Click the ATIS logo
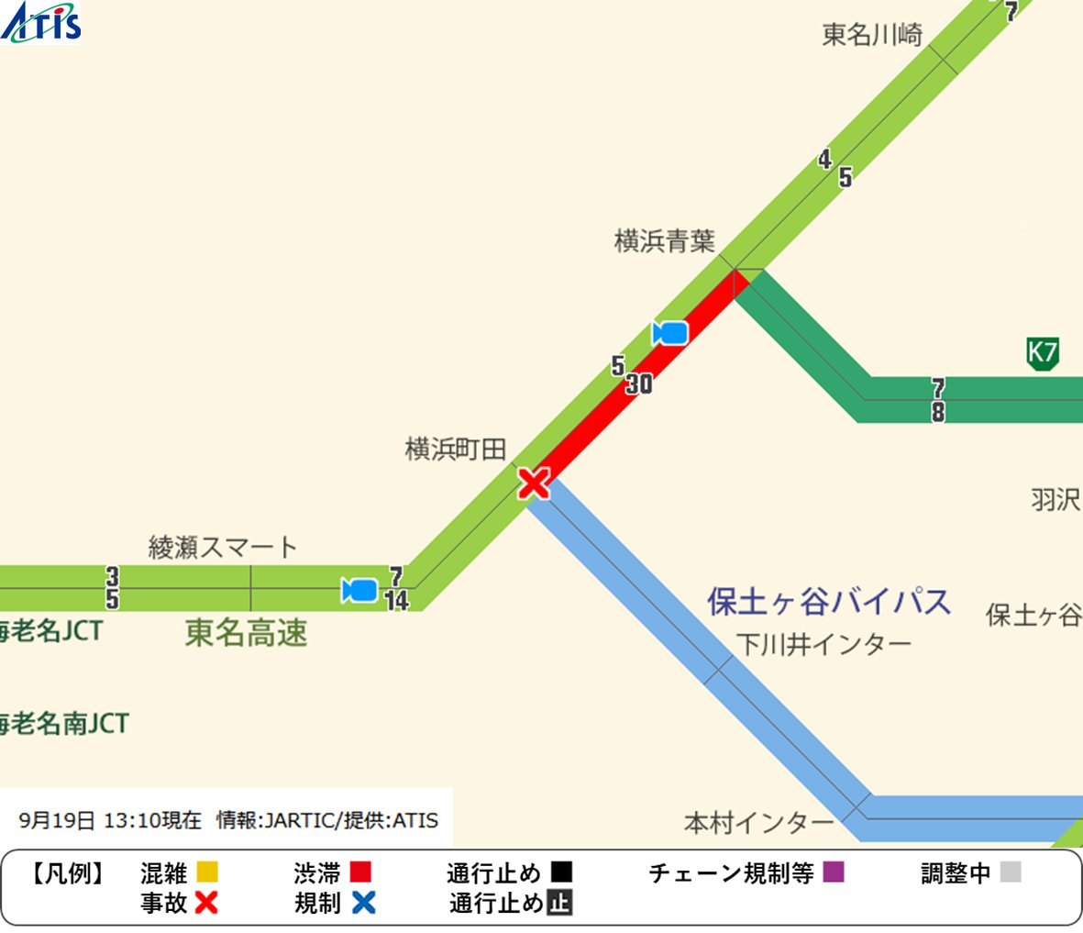pos(41,22)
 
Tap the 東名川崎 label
pos(871,35)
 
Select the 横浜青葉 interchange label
pos(664,241)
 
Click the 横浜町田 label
pos(456,449)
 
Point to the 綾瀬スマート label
pos(223,548)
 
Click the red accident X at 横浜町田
pos(534,482)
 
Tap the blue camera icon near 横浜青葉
pos(670,333)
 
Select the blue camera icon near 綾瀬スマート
pos(359,590)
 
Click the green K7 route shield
pos(1043,353)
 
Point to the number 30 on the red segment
pos(639,384)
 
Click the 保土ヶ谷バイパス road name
pos(829,602)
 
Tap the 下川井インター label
pos(824,645)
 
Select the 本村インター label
pos(758,823)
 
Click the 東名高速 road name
pos(246,633)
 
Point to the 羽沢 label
pos(1055,500)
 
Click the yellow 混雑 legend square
pos(207,872)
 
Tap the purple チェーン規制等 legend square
pos(833,872)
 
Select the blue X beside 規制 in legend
pos(364,903)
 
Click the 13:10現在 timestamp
pos(151,820)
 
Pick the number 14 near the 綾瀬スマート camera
pos(397,601)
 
